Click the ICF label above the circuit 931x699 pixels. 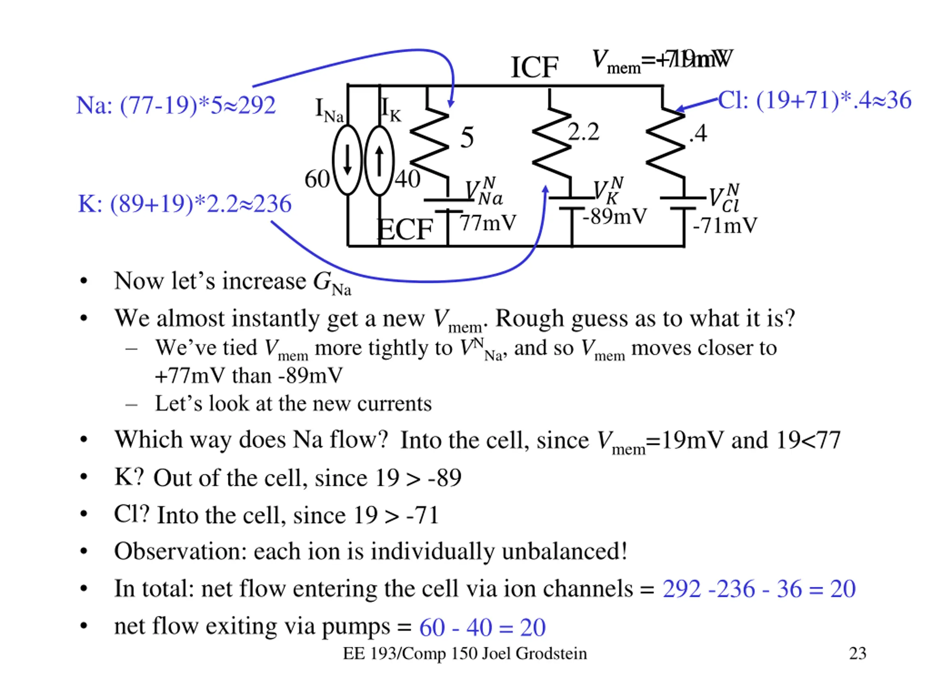[534, 67]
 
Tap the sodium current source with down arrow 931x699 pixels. [347, 160]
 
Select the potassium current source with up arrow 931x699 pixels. [379, 160]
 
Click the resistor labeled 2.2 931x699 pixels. [551, 143]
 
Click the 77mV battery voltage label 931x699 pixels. [487, 223]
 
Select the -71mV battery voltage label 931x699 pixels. [725, 226]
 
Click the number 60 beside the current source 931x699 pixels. [317, 179]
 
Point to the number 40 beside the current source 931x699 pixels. [407, 179]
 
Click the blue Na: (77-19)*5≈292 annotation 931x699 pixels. [176, 105]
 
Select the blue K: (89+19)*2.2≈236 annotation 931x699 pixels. [184, 204]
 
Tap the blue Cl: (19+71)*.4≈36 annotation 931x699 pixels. [814, 100]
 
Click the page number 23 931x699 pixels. [857, 653]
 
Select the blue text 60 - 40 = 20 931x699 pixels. [482, 627]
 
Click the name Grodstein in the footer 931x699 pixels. [551, 653]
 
